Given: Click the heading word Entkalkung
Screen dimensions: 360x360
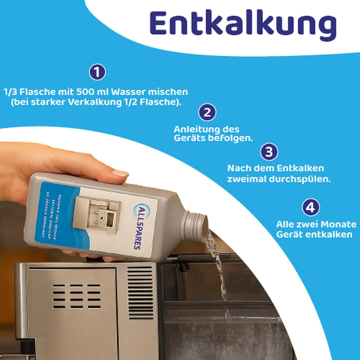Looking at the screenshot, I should pos(243,24).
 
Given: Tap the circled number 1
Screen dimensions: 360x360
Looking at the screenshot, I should pos(97,72).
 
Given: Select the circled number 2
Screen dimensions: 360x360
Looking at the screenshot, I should pos(207,112).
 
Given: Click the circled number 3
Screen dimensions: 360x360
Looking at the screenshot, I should pos(269,151).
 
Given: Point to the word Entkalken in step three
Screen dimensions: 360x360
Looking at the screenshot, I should pos(304,168).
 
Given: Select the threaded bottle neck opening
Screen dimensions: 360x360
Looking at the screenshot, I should pos(194,223).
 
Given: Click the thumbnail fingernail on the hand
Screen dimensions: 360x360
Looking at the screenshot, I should pos(120,173).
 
